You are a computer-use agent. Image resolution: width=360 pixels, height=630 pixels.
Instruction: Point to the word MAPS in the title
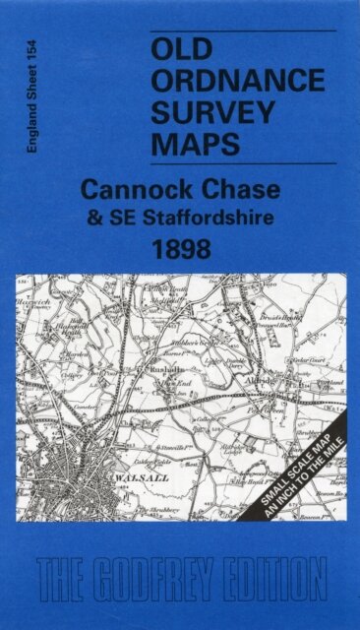(196, 144)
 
